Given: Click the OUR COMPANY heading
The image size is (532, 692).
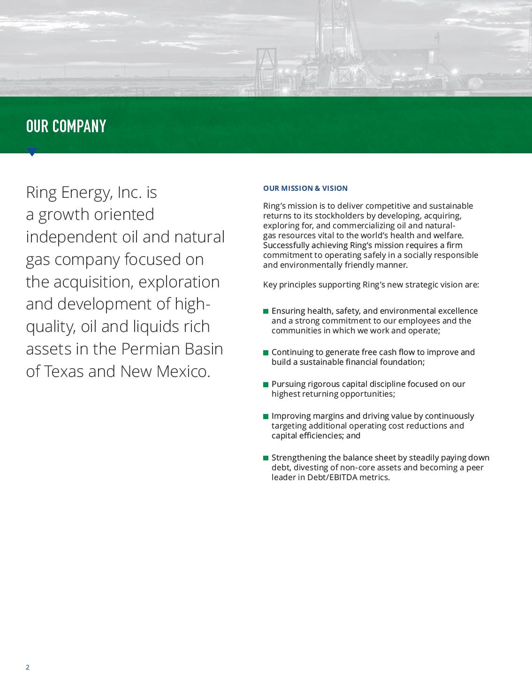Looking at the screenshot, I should (x=66, y=126).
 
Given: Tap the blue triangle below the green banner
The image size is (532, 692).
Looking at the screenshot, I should (x=32, y=151).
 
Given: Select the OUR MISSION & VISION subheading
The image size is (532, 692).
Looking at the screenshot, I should (x=305, y=188).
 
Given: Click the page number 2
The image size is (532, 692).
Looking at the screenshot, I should (x=28, y=667).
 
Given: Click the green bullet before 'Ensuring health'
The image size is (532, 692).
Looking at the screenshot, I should (x=266, y=311).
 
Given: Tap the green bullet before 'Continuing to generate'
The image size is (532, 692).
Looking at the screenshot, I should (x=266, y=353).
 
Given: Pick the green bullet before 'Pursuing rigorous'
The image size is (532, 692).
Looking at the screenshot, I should (x=266, y=384).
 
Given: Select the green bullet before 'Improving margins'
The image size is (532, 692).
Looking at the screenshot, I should (x=266, y=416).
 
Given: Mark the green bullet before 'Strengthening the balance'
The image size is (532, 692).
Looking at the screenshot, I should (x=266, y=458).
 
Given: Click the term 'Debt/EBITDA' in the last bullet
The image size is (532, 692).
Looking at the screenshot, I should (x=332, y=478).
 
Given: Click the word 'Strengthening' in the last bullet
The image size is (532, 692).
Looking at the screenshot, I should (x=298, y=458).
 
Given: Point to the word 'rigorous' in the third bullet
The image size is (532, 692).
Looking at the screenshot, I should (x=324, y=384).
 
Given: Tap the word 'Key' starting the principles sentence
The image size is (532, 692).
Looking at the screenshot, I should (x=270, y=285).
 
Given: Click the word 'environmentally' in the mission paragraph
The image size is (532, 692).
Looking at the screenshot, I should (x=311, y=265).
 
